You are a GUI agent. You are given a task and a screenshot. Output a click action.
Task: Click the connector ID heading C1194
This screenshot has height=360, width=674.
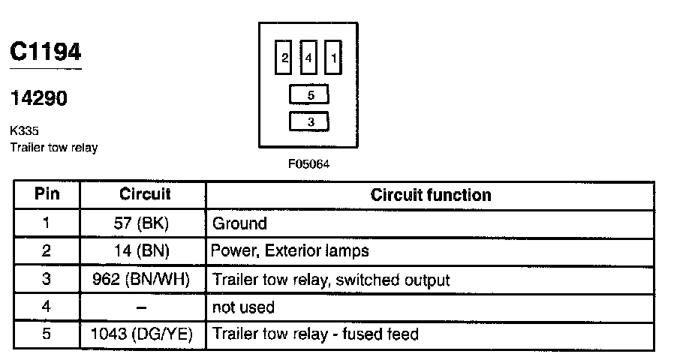tap(46, 53)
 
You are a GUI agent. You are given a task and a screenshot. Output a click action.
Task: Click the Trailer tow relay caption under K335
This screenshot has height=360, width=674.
tap(53, 147)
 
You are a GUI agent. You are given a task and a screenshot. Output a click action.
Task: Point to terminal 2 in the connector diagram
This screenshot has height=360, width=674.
tap(284, 58)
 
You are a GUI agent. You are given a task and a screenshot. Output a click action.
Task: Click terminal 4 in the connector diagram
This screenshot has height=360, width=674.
tap(308, 58)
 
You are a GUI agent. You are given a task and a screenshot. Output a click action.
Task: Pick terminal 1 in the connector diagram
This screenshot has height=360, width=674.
tap(334, 58)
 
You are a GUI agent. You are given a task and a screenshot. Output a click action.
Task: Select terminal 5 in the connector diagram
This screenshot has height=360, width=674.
tap(309, 95)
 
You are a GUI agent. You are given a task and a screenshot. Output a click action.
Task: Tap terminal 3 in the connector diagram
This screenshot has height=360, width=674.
tap(309, 121)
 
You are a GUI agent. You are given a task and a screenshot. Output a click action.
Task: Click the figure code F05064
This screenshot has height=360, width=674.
tap(308, 164)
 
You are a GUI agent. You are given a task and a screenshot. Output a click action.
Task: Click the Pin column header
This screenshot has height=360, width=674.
tap(47, 195)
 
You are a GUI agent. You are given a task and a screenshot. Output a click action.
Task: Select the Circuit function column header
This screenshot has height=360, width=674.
tap(431, 196)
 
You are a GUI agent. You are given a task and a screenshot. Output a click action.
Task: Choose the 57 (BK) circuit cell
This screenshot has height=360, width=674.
tap(143, 223)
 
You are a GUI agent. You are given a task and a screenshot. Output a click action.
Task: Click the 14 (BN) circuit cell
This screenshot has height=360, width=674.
tap(143, 251)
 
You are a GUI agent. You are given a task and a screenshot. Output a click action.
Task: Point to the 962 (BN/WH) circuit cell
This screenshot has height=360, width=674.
tap(143, 280)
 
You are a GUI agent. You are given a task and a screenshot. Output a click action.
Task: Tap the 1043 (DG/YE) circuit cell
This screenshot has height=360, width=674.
tap(143, 334)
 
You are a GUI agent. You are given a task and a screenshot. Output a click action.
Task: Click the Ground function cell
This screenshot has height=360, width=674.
tap(239, 223)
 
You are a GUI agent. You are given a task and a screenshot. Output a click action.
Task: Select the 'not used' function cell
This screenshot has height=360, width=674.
tap(244, 307)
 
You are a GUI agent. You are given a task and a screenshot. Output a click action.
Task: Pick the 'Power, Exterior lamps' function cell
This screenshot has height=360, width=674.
tap(290, 251)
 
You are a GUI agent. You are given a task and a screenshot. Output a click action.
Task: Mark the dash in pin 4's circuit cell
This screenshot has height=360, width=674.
tap(143, 307)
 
